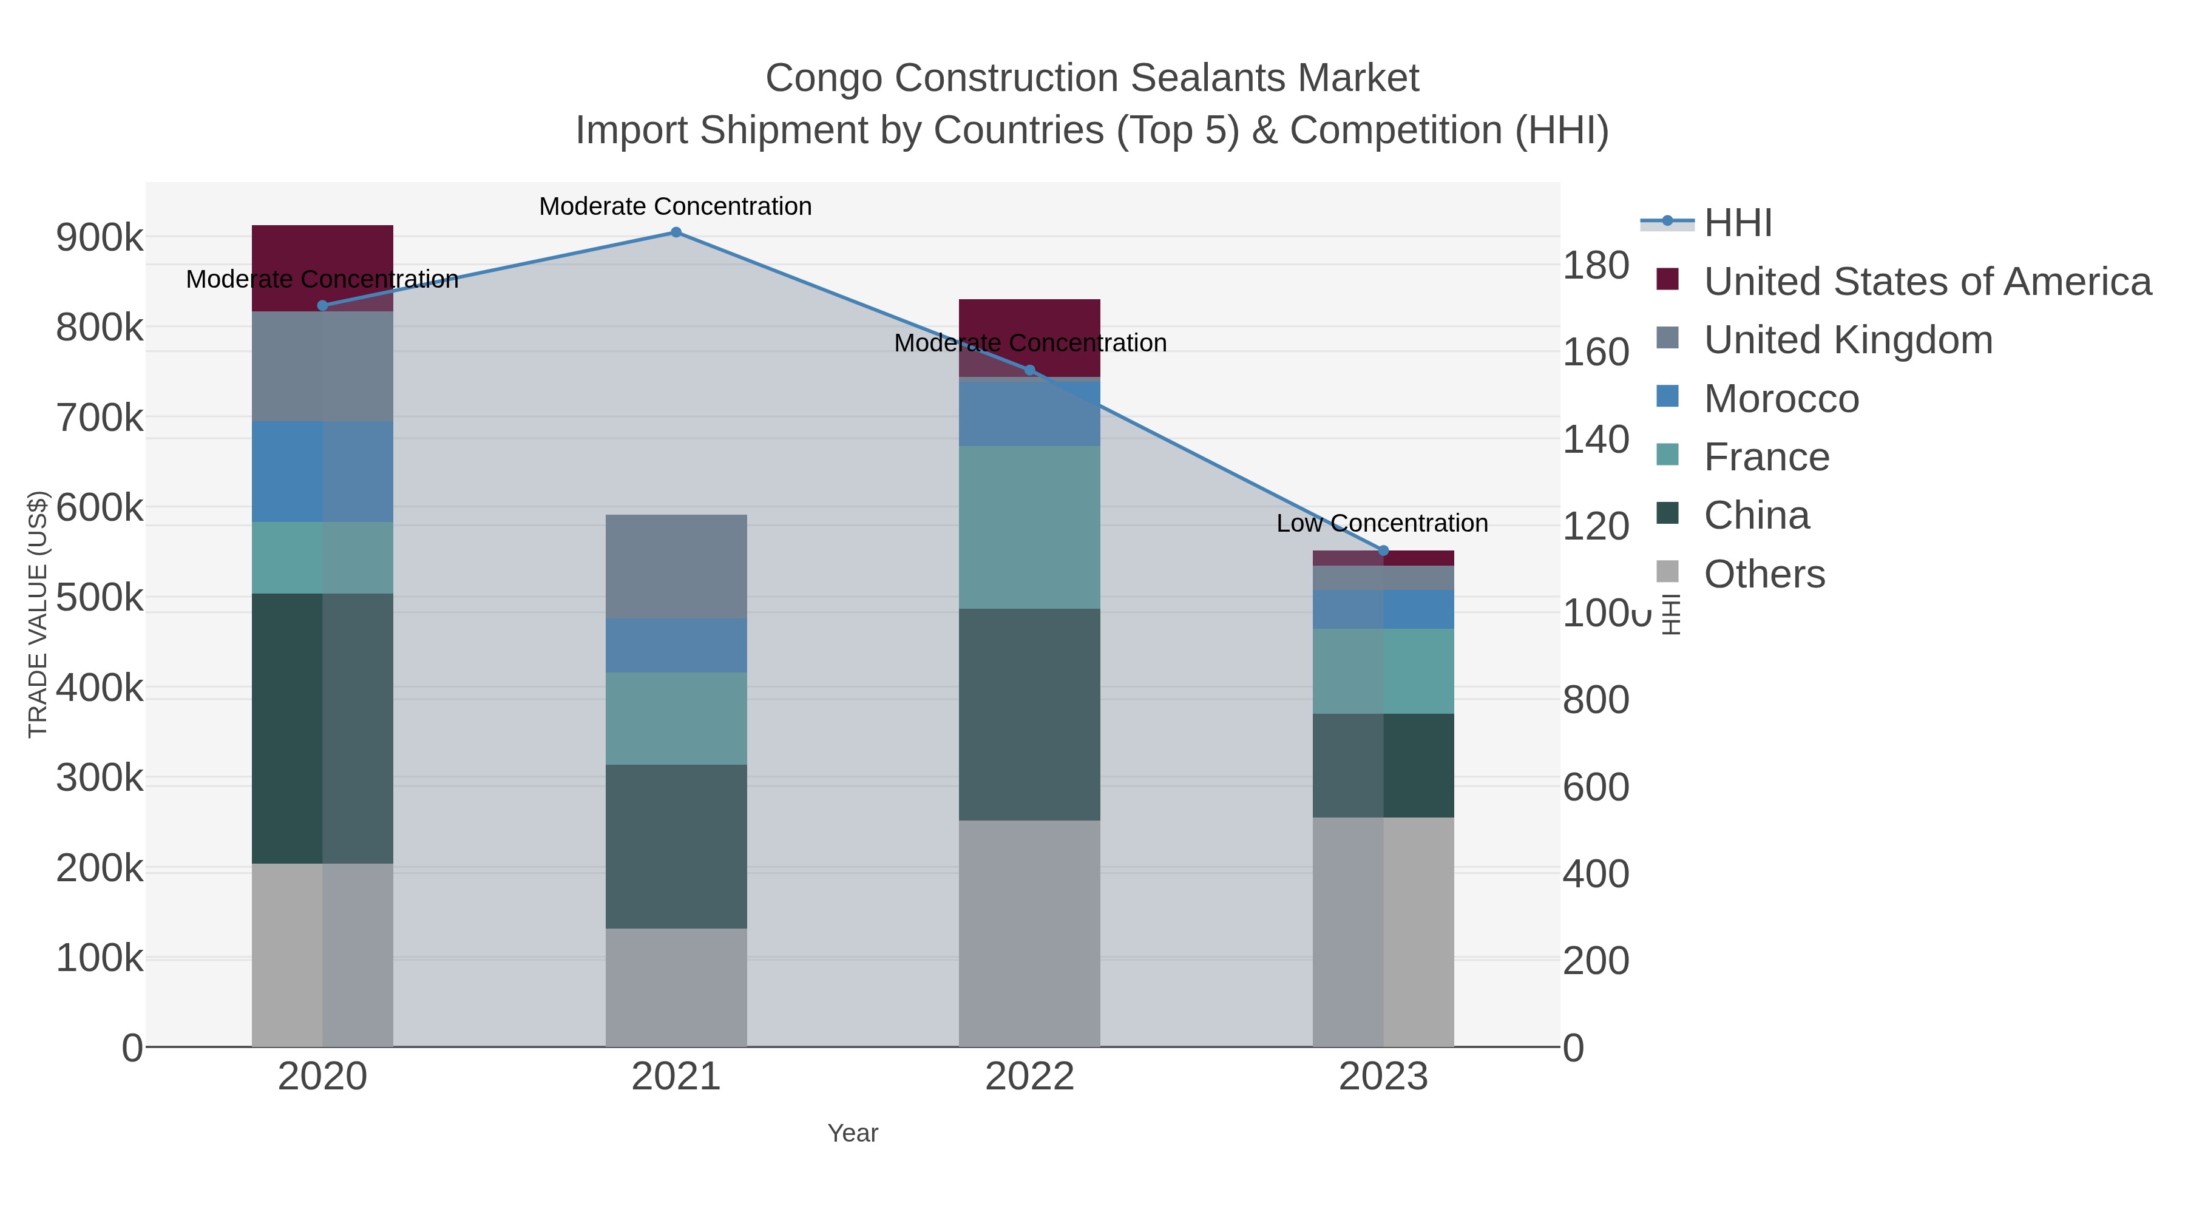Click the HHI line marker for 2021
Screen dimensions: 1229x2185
(x=676, y=232)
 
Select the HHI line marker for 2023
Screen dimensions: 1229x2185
(x=1383, y=550)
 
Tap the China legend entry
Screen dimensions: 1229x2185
(x=1756, y=516)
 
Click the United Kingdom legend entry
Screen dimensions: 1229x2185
(x=1848, y=340)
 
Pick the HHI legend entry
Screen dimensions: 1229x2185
(x=1737, y=223)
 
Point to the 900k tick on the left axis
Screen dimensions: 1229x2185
(x=100, y=237)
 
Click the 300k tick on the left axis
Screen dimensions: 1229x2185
(x=100, y=778)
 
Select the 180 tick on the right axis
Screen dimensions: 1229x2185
(x=1596, y=265)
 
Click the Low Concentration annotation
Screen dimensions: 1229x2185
(x=1382, y=523)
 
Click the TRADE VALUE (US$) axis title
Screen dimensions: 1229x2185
(x=38, y=614)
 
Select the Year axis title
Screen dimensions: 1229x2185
(x=853, y=1133)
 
